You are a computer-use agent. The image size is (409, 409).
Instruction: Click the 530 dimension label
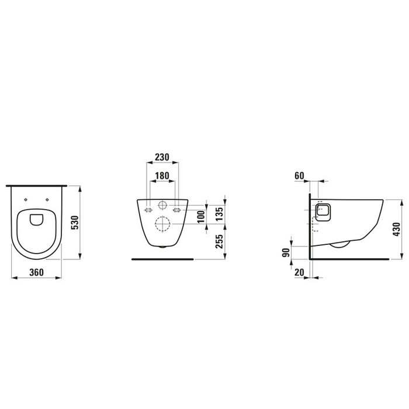click(75, 222)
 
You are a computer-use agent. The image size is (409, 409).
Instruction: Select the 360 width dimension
click(36, 272)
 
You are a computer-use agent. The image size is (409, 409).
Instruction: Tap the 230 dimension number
click(162, 157)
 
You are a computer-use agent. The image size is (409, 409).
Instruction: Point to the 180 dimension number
click(162, 176)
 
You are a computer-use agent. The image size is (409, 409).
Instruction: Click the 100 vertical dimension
click(201, 217)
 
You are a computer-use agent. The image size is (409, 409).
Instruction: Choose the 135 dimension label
click(220, 214)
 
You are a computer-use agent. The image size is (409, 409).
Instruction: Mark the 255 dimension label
click(220, 241)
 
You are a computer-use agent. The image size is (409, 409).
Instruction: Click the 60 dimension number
click(299, 176)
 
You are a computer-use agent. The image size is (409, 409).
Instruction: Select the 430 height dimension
click(396, 229)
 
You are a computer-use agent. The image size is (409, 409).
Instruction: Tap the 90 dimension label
click(286, 252)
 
